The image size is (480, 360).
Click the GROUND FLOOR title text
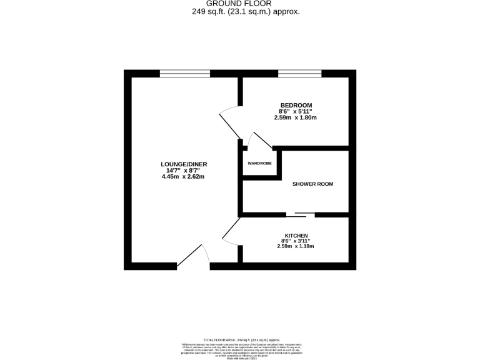point(240,4)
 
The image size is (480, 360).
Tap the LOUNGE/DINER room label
point(183,164)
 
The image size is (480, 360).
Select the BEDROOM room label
point(296,105)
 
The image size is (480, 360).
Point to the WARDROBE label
point(259,165)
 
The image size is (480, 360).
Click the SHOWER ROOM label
point(312,184)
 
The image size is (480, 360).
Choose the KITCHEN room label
point(295,235)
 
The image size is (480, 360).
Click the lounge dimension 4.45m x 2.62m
point(183,177)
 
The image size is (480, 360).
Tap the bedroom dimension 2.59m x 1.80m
point(296,117)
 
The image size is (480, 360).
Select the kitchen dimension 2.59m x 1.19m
point(295,246)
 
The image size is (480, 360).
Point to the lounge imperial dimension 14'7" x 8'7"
point(183,171)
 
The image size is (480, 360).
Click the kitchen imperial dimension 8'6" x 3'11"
point(295,241)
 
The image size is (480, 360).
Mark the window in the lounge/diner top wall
point(184,73)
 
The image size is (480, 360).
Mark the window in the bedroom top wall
point(299,73)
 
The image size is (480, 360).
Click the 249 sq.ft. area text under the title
point(240,11)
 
